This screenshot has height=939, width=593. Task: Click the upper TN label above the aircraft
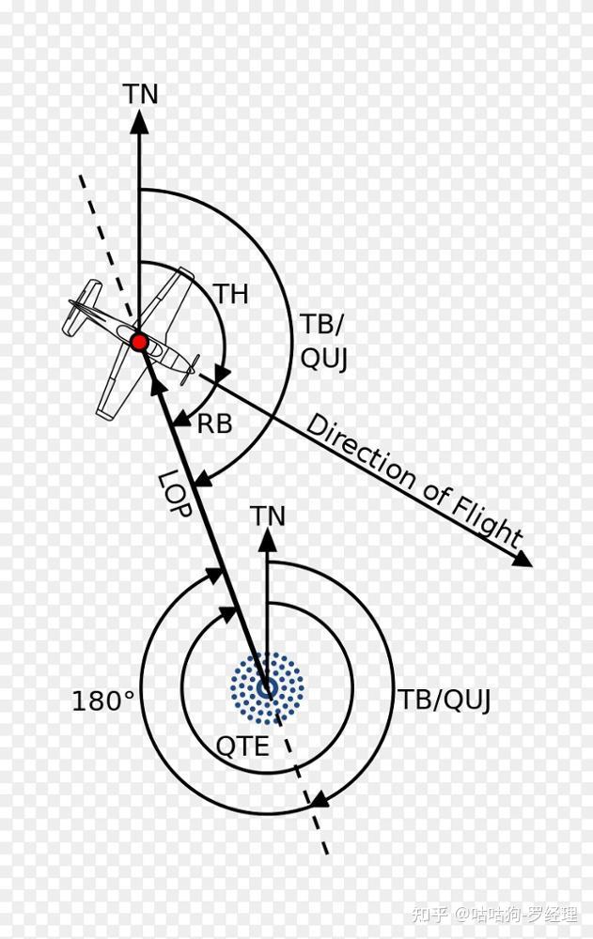coord(140,95)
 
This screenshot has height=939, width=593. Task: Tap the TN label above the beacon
coord(268,516)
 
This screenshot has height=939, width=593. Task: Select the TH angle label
coord(230,295)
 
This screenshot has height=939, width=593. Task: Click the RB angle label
coord(214,423)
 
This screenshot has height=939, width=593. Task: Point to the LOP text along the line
coord(176,494)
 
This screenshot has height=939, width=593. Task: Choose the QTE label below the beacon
coord(242,747)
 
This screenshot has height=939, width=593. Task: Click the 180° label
coord(103,701)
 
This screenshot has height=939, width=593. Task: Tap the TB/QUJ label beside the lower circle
coord(445,700)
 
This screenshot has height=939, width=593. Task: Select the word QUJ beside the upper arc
coord(324,359)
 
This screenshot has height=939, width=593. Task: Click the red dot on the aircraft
coord(139,343)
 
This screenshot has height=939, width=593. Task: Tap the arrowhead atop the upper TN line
coord(140,120)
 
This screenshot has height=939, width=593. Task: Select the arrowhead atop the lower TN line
coord(268,540)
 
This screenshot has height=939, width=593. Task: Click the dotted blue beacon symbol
coord(267,688)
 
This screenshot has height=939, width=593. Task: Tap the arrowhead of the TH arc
coord(222,375)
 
